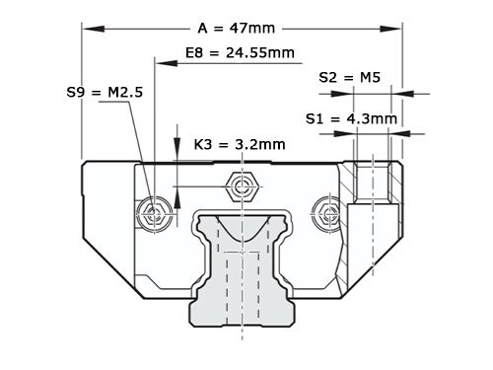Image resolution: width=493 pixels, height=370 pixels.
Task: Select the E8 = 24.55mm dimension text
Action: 240,50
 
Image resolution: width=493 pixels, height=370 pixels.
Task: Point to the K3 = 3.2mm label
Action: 240,144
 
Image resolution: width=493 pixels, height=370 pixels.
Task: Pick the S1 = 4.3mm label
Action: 352,118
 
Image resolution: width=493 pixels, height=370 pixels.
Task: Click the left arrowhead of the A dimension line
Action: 88,29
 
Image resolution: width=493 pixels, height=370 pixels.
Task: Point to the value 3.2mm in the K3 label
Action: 258,144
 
